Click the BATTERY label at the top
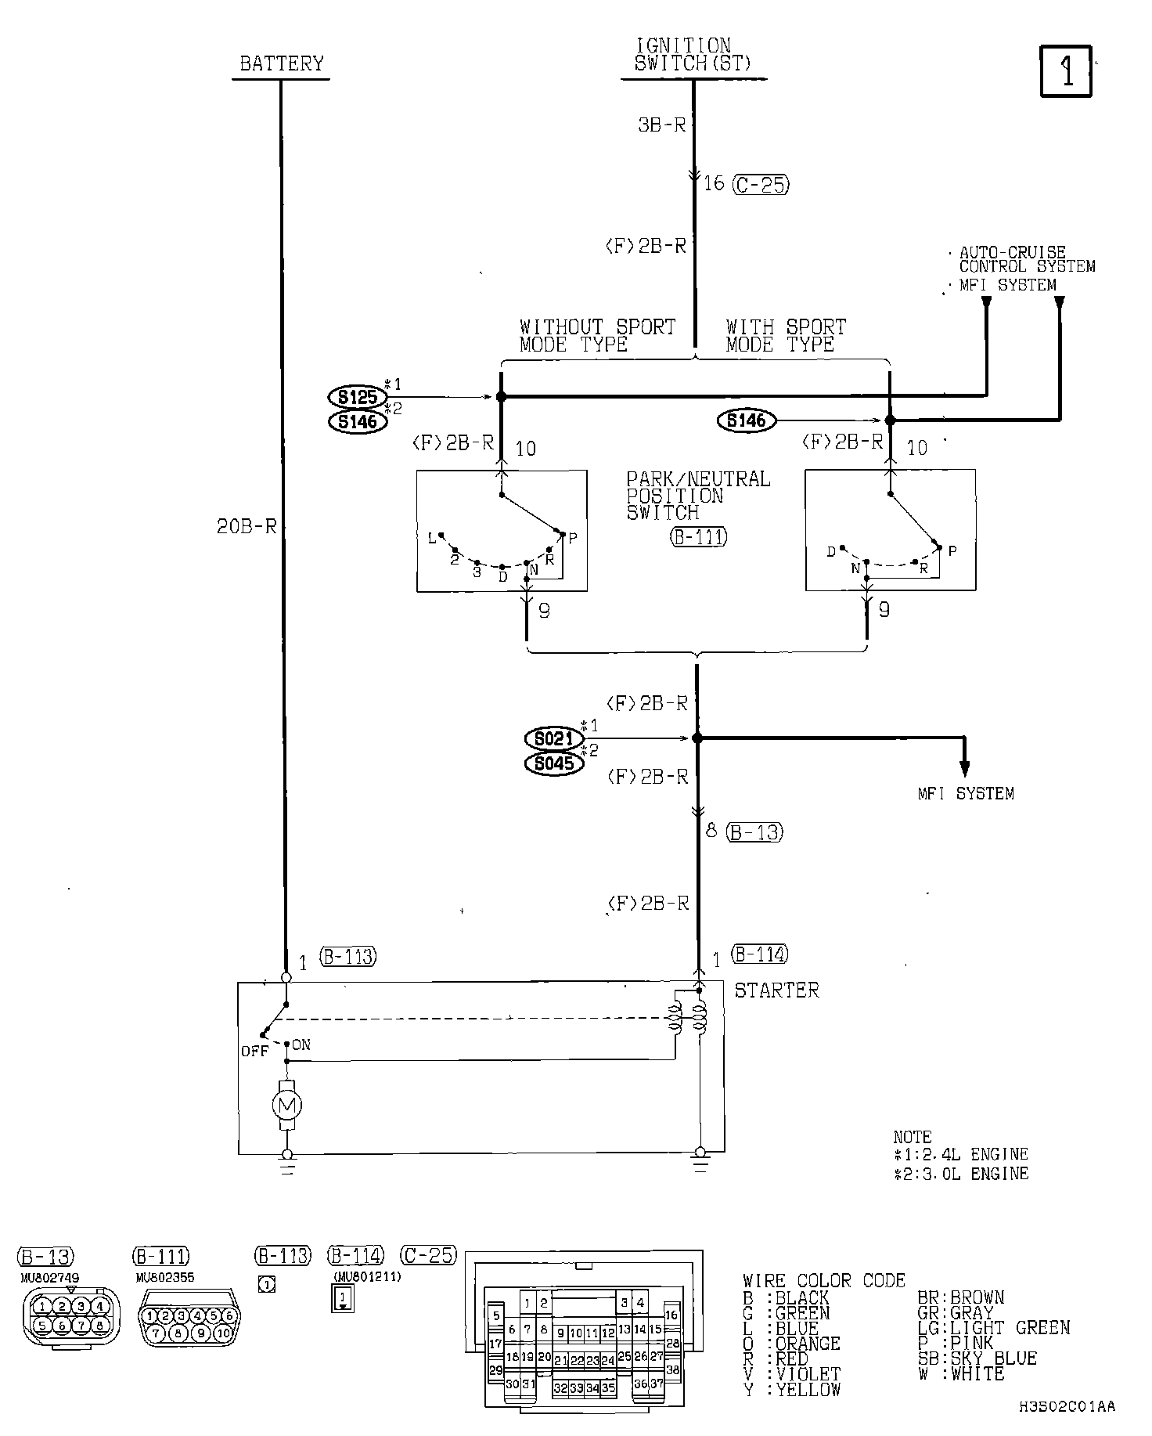tap(281, 63)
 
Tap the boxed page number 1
tap(1066, 71)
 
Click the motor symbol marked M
tap(286, 1105)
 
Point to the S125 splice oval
tap(358, 397)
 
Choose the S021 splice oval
tap(554, 738)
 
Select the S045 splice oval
tap(554, 763)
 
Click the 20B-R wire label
tap(247, 527)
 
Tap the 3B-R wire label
tap(661, 124)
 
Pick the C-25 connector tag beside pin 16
tap(761, 185)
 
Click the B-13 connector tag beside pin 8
tap(754, 832)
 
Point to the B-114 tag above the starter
tap(759, 954)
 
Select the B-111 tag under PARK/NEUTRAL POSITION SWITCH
tap(698, 537)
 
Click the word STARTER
tap(776, 990)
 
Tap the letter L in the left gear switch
tap(431, 538)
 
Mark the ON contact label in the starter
tap(301, 1045)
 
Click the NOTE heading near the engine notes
tap(913, 1136)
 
